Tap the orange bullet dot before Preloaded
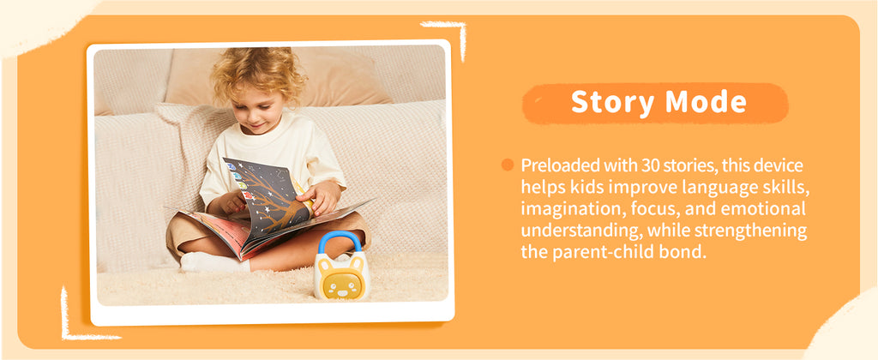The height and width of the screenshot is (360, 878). pos(508,165)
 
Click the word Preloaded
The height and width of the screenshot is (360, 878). pos(554,165)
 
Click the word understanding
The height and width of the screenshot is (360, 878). pos(569,231)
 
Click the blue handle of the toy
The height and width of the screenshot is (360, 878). pos(340,241)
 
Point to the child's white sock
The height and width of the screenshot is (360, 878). pos(213,262)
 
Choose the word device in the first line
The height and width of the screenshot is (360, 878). pos(781,165)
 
